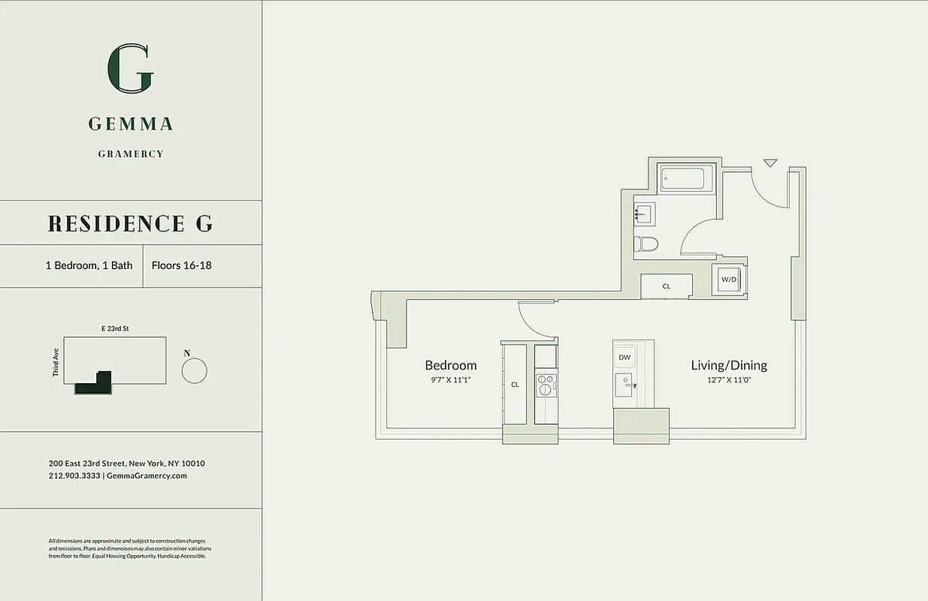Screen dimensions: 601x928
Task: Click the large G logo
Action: [131, 68]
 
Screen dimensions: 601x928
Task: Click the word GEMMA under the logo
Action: [131, 124]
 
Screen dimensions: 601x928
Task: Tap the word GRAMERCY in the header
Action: [131, 154]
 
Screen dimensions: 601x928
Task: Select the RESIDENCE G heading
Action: [130, 223]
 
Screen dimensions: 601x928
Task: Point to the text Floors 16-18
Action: [181, 265]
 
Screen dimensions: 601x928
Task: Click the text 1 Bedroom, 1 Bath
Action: [89, 265]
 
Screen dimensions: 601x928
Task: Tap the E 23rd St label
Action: [115, 328]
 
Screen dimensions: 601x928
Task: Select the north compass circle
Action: [194, 370]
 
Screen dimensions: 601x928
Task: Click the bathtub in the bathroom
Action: [682, 179]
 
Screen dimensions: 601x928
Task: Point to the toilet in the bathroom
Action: [646, 243]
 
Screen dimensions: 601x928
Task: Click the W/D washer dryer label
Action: [729, 279]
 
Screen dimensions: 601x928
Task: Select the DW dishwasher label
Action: [624, 358]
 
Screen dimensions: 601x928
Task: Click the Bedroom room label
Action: [451, 365]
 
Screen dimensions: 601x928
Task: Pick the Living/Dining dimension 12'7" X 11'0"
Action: [729, 380]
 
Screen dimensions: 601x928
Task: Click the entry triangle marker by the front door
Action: [769, 162]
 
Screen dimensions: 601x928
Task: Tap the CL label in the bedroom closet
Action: [515, 385]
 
